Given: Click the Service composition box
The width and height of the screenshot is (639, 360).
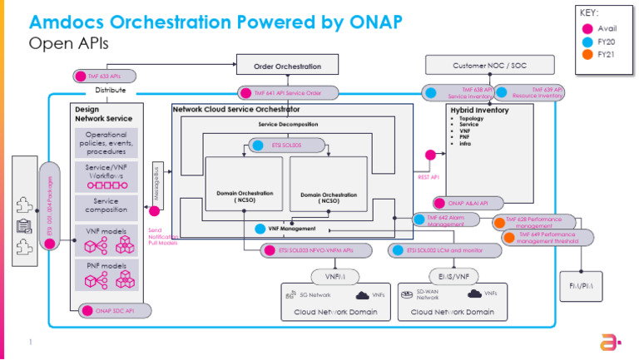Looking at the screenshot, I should (x=106, y=206).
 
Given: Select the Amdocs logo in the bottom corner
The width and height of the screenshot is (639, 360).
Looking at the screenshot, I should (x=609, y=343).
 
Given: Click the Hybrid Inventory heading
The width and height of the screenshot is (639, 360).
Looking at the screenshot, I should (x=478, y=110).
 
